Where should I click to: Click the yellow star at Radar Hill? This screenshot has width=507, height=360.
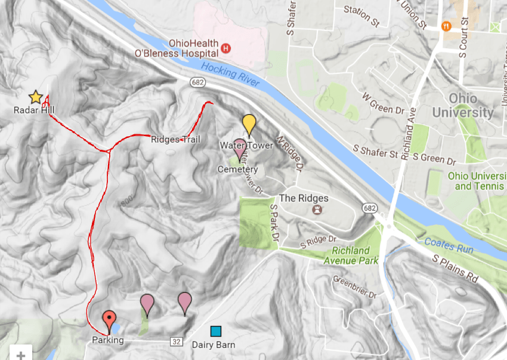click(x=35, y=97)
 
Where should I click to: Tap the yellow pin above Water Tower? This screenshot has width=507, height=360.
click(x=249, y=124)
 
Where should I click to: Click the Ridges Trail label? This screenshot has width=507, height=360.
click(x=175, y=140)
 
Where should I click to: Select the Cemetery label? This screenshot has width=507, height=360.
click(x=237, y=170)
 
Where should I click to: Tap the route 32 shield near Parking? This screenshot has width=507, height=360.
click(x=176, y=341)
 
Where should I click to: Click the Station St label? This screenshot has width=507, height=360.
click(x=361, y=17)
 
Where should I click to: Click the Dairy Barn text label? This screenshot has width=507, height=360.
click(x=213, y=344)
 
